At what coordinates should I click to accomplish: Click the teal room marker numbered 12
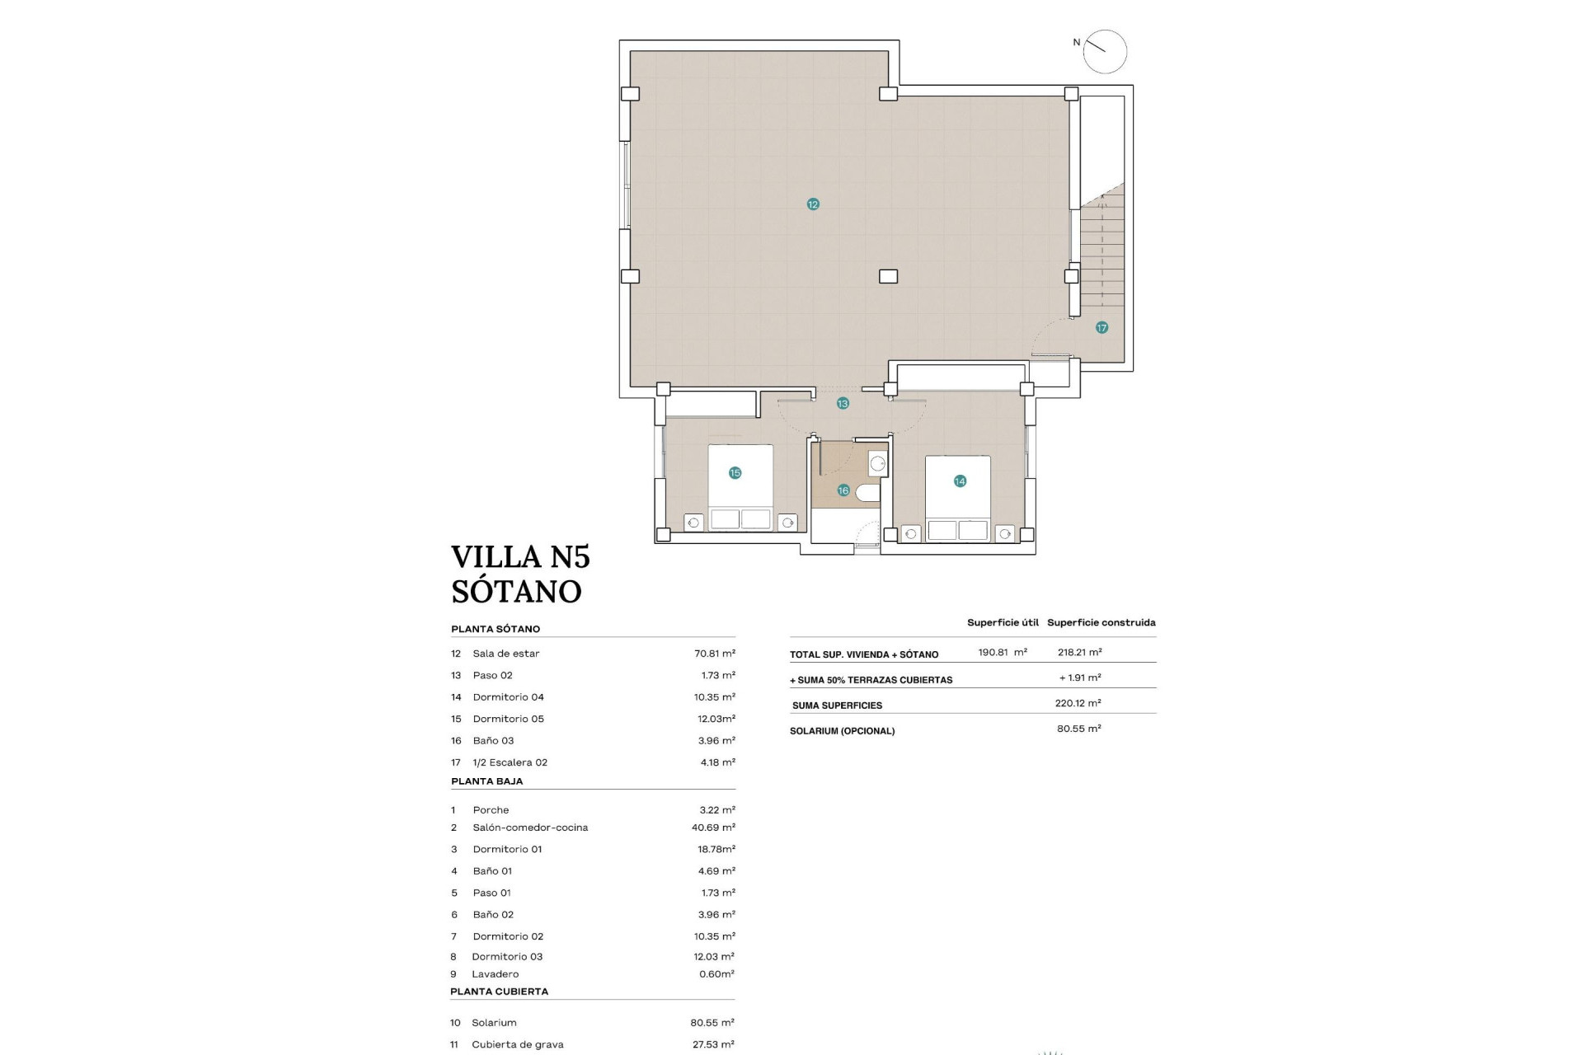point(813,204)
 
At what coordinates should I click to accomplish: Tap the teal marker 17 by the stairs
point(1102,328)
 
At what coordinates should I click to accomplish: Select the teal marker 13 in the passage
point(843,404)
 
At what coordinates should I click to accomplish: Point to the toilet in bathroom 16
point(868,493)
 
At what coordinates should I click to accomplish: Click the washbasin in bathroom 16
point(877,463)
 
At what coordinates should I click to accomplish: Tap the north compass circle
point(1105,52)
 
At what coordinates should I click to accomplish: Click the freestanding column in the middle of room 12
point(888,277)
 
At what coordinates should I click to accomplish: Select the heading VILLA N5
point(520,557)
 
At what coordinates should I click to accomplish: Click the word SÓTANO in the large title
point(516,592)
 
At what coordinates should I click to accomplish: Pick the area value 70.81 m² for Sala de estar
point(714,654)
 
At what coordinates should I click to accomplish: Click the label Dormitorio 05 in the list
point(508,719)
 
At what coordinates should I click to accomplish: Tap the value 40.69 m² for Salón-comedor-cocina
point(713,828)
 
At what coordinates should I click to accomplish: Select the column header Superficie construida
point(1101,623)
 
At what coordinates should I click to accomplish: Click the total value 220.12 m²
point(1078,703)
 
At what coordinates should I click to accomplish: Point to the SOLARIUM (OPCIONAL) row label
point(842,731)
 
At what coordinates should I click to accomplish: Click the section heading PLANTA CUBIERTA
point(499,992)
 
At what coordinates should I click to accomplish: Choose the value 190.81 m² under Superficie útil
point(1002,652)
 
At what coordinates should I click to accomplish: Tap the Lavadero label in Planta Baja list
point(496,974)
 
